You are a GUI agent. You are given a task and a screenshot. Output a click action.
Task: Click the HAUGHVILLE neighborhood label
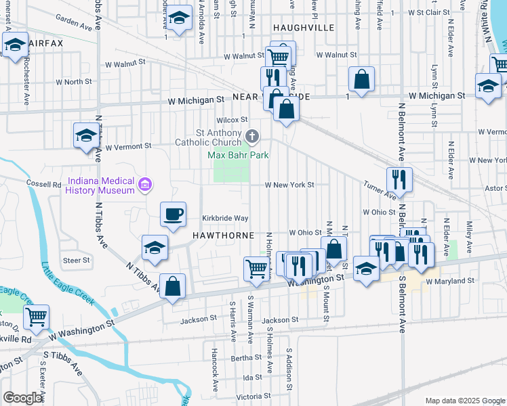(x=304, y=28)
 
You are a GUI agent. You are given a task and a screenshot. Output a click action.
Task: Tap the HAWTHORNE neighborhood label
(x=223, y=235)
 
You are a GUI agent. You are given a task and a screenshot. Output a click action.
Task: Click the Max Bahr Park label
(x=238, y=155)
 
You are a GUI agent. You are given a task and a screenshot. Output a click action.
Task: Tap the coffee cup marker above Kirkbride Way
(x=173, y=215)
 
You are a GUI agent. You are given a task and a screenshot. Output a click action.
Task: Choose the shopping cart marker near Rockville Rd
(x=36, y=315)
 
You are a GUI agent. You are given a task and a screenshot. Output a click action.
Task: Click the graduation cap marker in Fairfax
(x=15, y=45)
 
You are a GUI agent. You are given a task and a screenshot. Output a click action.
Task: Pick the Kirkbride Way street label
(x=226, y=218)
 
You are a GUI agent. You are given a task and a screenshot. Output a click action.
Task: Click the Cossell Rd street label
(x=44, y=184)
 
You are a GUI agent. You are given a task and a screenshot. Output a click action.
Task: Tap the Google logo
(x=23, y=398)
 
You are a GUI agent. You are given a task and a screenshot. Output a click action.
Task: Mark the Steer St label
(x=76, y=260)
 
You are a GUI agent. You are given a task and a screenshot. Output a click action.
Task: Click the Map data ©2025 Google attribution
(x=464, y=401)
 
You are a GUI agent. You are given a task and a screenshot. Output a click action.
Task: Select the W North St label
(x=73, y=81)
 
